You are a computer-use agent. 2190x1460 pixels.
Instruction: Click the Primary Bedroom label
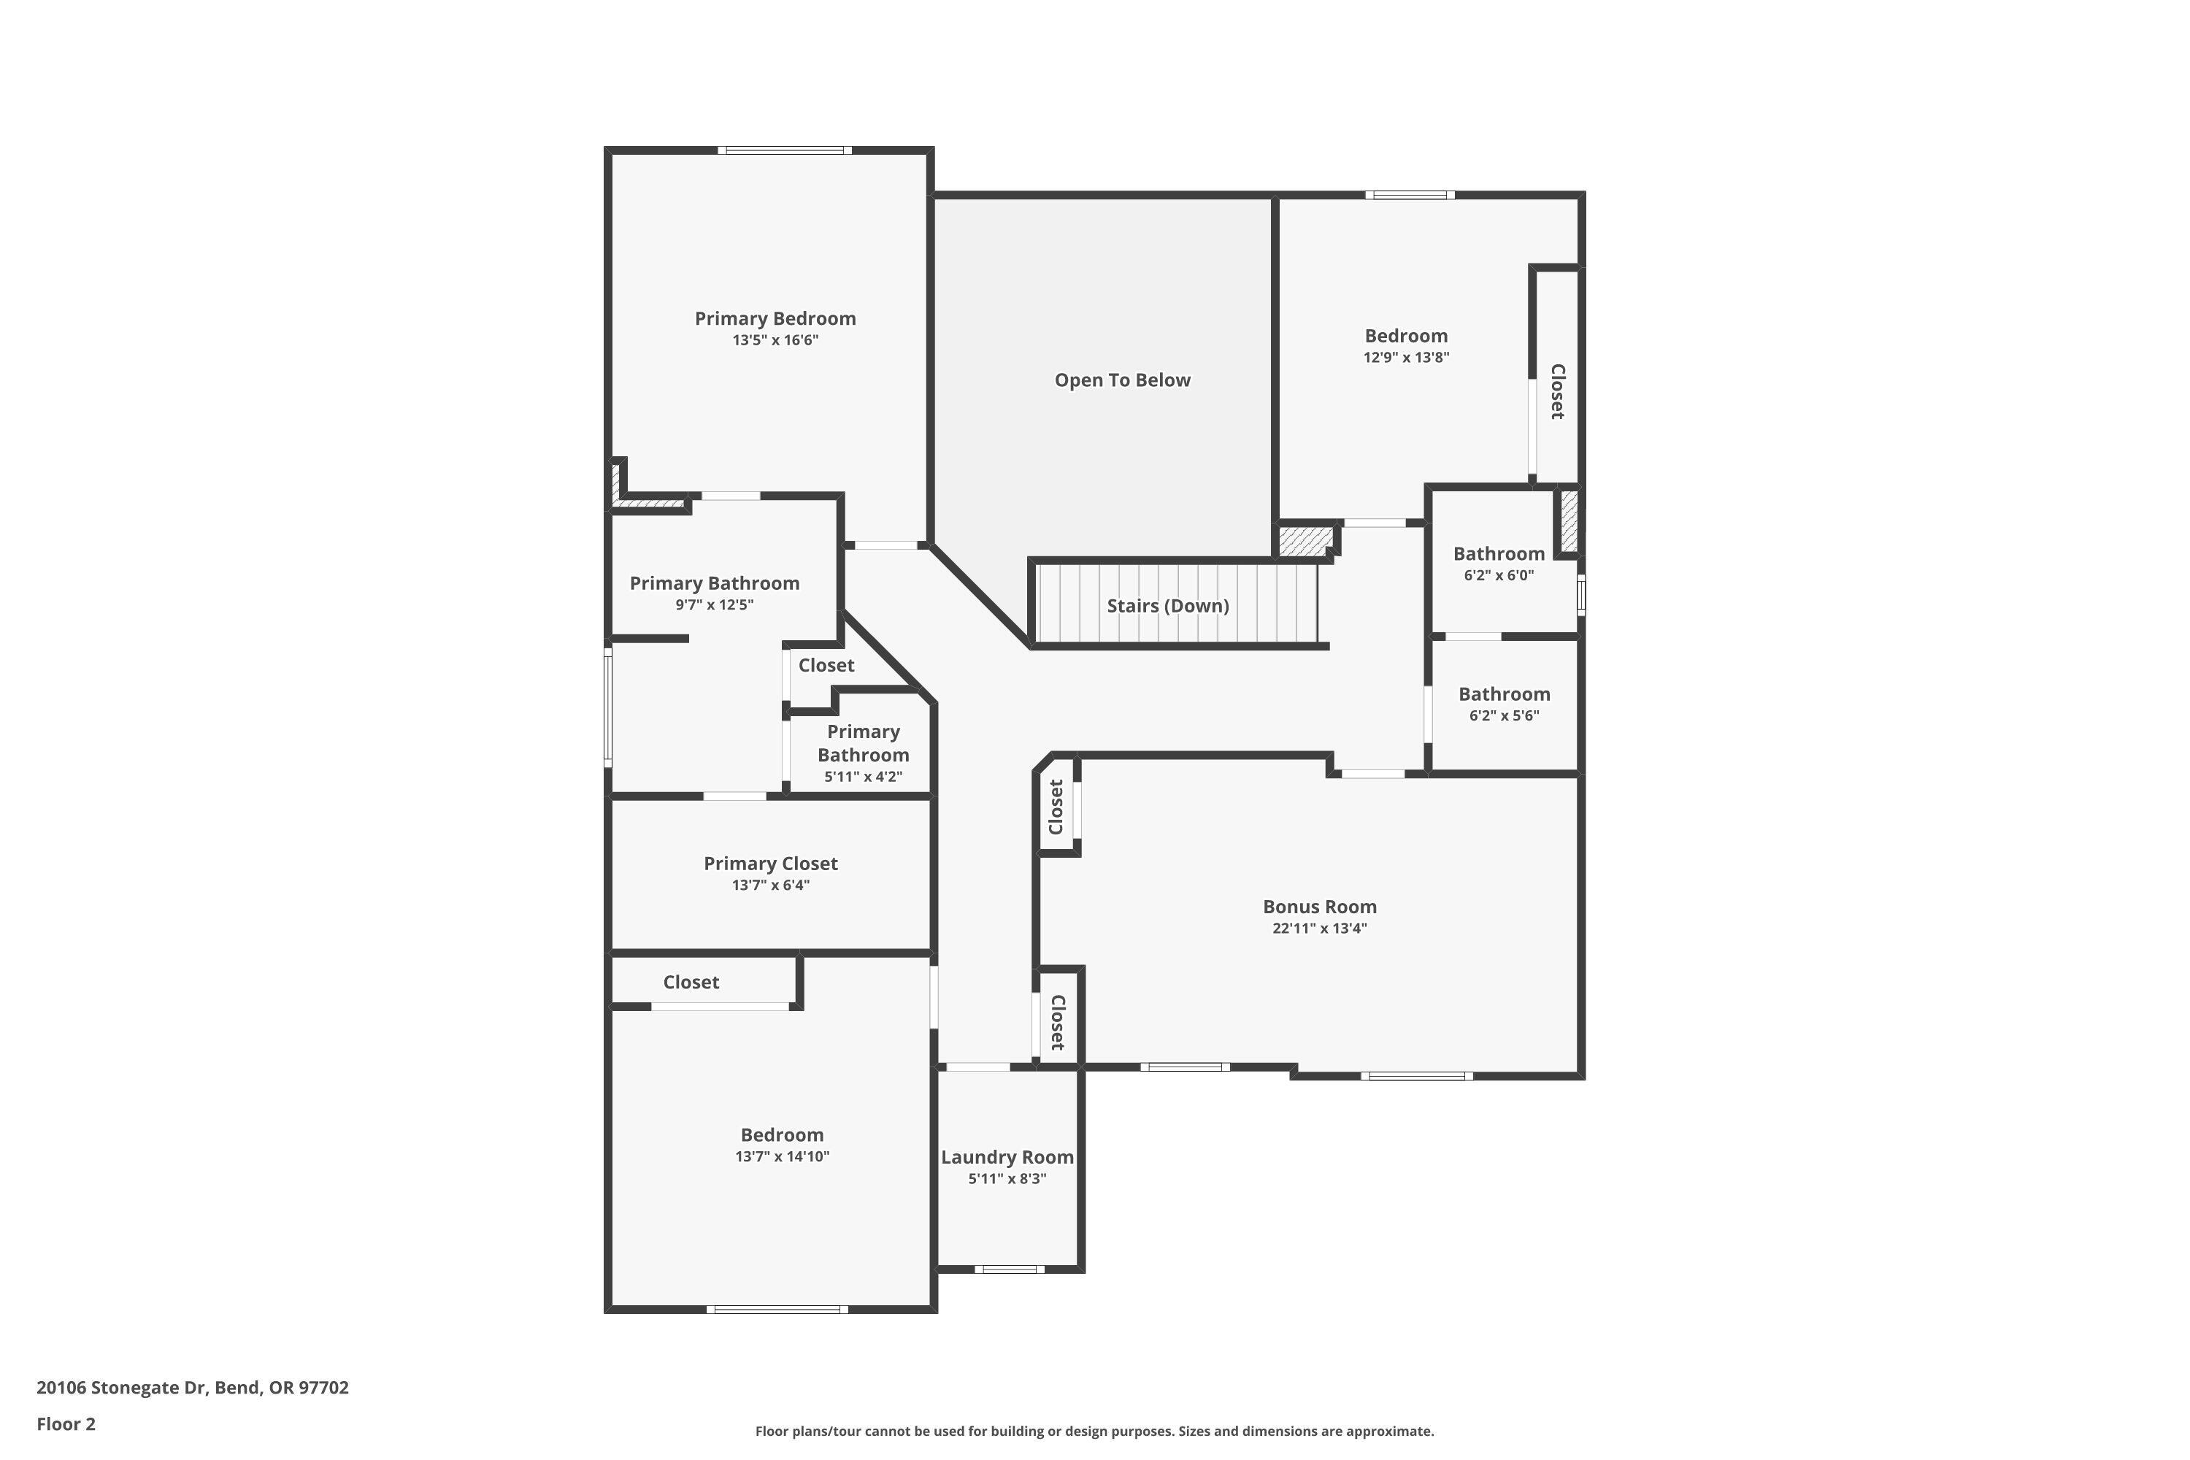tap(775, 318)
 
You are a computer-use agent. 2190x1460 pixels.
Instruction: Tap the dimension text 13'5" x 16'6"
tap(775, 341)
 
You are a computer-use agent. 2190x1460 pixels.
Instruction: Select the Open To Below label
tap(1122, 380)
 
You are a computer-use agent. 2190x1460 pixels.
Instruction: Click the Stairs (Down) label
tap(1167, 606)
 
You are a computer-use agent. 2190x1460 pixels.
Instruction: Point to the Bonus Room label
tap(1319, 907)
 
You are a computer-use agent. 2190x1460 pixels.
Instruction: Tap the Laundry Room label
tap(1007, 1157)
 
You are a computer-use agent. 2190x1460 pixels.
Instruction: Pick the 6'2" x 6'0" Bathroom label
tap(1498, 554)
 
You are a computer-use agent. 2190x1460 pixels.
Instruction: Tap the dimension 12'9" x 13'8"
tap(1406, 358)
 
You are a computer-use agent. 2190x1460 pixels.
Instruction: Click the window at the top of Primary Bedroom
tap(784, 150)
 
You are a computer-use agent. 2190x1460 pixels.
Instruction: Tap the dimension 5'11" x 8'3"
tap(1007, 1179)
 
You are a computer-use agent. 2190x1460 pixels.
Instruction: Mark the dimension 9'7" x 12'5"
tap(714, 605)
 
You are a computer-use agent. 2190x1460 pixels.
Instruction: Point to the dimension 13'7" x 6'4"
tap(770, 885)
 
